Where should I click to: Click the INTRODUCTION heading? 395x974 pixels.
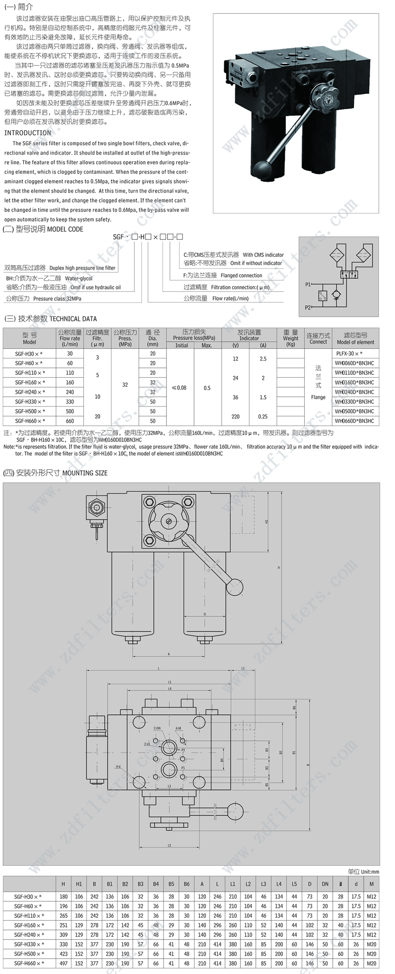tap(28, 133)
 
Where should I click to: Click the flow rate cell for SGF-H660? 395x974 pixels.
tap(70, 421)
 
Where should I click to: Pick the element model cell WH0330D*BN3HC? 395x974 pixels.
tap(355, 402)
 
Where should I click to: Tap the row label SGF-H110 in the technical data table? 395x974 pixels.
tap(30, 373)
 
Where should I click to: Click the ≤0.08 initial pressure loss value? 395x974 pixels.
tap(179, 388)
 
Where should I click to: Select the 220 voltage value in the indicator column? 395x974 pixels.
tap(236, 416)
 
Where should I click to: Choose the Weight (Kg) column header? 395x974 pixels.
tap(290, 338)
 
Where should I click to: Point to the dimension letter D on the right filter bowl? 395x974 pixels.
tap(204, 614)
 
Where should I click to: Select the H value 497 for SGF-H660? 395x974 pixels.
tap(63, 963)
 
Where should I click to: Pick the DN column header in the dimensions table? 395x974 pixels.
tap(325, 884)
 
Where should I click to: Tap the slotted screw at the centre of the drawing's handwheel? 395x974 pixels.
tap(169, 521)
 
